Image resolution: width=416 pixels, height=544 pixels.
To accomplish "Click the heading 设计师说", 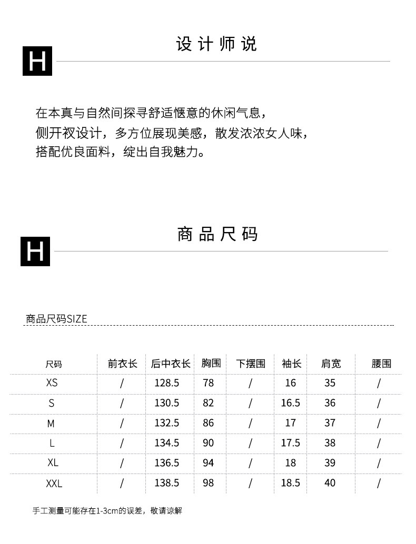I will tap(216, 45).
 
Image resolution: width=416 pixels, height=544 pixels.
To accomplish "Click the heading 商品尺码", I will tap(217, 234).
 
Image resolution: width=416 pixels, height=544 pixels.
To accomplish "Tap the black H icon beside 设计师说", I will tap(37, 61).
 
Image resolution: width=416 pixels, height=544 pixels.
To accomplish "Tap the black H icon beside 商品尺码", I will tap(35, 251).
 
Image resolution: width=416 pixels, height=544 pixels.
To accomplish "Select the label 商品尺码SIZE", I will tap(56, 319).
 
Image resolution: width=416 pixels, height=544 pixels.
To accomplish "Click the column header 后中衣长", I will tap(170, 364).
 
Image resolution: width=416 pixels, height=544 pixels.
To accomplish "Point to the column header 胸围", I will tap(211, 363).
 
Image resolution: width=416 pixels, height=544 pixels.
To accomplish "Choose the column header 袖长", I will tap(291, 364).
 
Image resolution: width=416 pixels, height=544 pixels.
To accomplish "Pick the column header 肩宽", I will tap(331, 364).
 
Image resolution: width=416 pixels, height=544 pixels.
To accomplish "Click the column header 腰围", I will tap(381, 364).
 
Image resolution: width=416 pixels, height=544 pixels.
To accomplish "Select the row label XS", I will tap(52, 383).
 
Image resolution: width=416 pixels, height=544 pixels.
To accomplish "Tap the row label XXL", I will tap(54, 483).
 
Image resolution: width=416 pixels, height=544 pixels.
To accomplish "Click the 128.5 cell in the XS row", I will tap(166, 383).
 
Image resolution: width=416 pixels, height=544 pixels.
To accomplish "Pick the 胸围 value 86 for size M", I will tap(209, 423).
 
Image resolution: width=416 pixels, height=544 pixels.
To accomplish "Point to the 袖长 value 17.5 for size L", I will tap(290, 443).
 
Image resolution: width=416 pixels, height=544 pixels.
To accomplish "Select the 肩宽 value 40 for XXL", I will tap(330, 483).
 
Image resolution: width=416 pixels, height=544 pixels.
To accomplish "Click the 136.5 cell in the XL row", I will tap(166, 463).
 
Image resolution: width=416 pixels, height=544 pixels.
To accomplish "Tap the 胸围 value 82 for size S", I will tap(209, 403).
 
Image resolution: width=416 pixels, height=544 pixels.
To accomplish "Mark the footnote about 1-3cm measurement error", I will tap(107, 511).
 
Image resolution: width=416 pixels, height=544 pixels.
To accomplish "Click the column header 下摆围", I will tap(251, 364).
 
